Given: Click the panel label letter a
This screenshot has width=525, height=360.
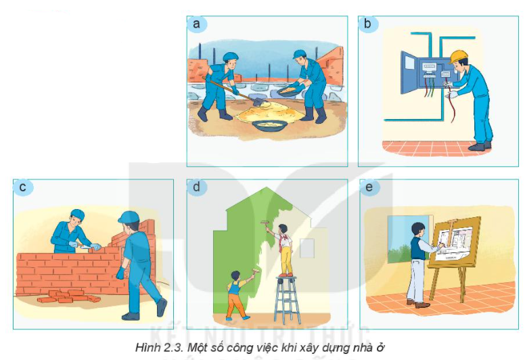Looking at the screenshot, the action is (197, 24).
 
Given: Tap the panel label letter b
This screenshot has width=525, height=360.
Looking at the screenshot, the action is (367, 24).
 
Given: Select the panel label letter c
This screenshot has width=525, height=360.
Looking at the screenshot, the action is (23, 187).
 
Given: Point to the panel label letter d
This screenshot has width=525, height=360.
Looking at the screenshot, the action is (197, 186).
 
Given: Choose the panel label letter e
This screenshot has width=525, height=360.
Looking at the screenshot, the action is (369, 187).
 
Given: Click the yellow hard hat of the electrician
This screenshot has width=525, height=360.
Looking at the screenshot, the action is (457, 56).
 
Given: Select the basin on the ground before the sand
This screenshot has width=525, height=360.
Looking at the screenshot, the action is (269, 126).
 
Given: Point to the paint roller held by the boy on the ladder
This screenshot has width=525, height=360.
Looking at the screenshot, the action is (265, 225).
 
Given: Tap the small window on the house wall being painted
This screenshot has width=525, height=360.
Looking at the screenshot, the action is (306, 248).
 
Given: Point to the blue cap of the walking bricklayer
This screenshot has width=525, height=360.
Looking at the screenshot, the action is (129, 217).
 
